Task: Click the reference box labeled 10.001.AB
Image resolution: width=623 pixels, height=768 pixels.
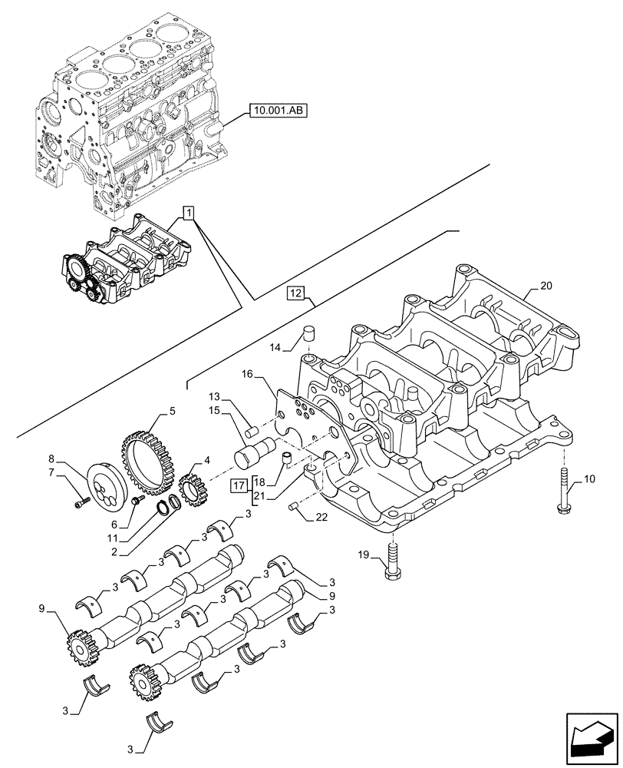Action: tap(276, 111)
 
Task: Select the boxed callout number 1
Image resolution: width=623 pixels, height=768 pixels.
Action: tap(189, 212)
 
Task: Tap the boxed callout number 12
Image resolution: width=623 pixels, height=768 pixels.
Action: tap(297, 293)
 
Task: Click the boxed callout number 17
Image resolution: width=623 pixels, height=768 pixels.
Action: tap(238, 485)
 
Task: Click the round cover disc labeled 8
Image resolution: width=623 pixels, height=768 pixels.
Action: tap(108, 486)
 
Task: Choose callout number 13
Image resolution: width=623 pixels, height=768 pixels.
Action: tap(215, 396)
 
